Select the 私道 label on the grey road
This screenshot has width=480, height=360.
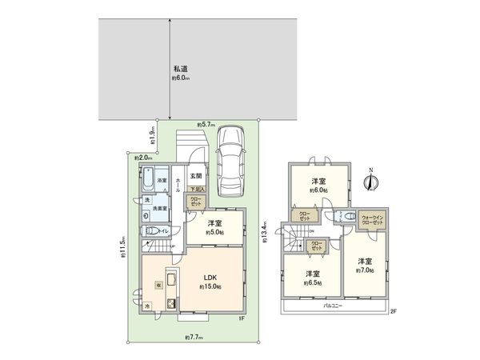tap(179, 69)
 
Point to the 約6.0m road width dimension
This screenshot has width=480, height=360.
tap(179, 78)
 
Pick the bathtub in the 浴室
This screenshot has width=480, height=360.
tap(149, 180)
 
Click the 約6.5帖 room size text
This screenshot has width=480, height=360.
tap(306, 282)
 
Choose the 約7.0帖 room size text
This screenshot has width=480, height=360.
tap(364, 270)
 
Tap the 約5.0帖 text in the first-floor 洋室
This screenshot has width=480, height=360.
tap(214, 231)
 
